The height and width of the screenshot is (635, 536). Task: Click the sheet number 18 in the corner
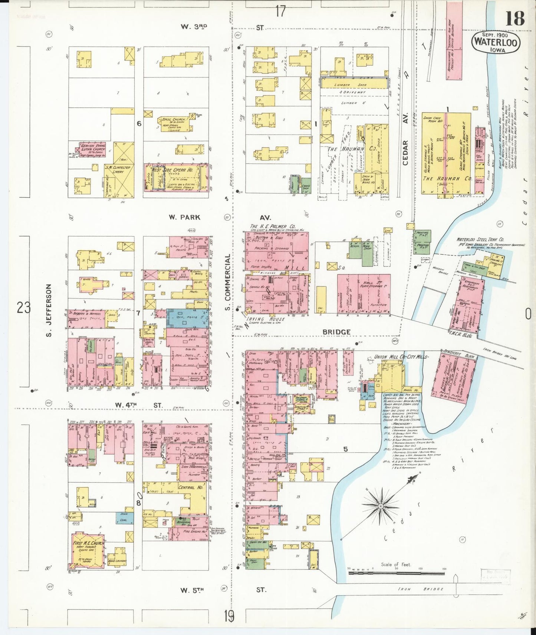point(514,18)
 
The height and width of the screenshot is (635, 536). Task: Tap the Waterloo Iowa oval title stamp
point(496,43)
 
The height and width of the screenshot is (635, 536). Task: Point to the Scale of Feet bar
point(396,573)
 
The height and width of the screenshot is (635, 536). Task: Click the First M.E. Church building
point(88,551)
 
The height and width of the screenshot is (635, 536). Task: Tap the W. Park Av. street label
point(184,217)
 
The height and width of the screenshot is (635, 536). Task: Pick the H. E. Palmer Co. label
point(273,226)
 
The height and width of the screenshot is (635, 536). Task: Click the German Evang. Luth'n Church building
point(93,150)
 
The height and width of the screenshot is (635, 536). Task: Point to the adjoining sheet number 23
point(23,307)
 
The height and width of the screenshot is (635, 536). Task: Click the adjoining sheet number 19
point(229,616)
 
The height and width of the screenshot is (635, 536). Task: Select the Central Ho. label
point(191,487)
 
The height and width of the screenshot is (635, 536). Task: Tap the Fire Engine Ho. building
point(194,531)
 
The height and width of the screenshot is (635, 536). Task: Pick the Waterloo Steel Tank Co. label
point(480,240)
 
